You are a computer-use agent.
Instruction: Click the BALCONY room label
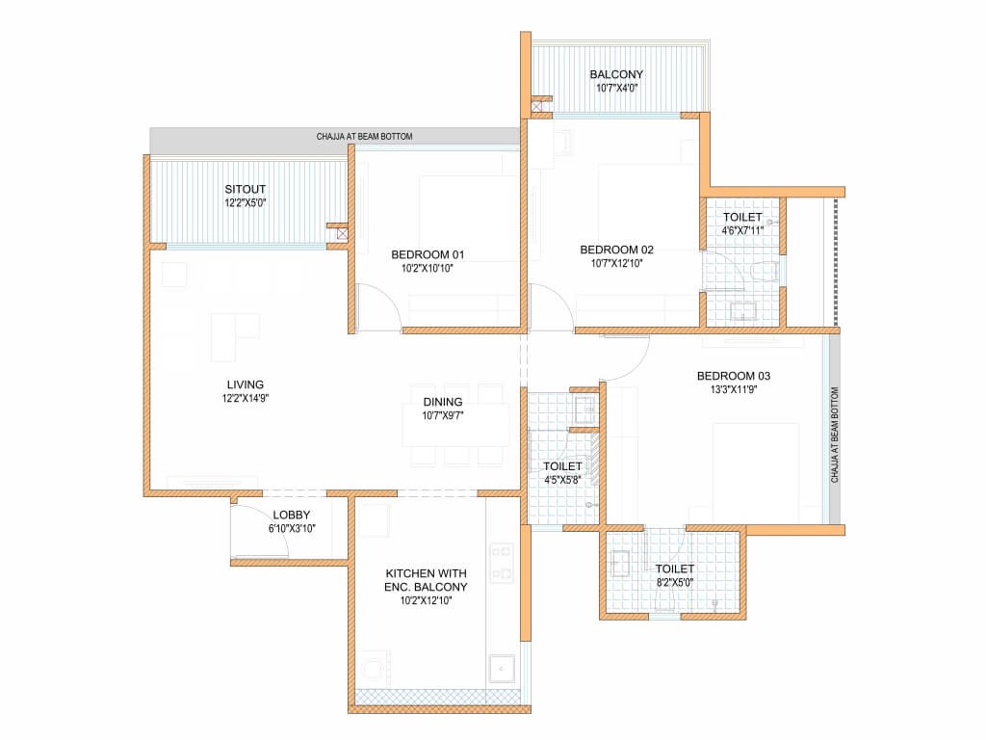616,74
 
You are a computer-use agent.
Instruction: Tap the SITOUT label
246,189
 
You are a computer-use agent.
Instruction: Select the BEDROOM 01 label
428,254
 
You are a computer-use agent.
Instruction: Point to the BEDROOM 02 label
617,250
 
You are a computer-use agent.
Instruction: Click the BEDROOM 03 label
733,377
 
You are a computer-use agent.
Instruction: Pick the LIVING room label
246,384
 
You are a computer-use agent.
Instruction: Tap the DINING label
443,402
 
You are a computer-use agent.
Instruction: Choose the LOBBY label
292,515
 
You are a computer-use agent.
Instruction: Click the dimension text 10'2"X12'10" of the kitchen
427,601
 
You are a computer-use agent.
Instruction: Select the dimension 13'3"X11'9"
733,389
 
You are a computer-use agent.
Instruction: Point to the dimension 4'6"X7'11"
742,231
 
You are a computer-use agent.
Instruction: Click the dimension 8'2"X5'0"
675,583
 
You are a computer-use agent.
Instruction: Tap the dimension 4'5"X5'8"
562,480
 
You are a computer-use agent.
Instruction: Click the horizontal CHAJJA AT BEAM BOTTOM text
365,137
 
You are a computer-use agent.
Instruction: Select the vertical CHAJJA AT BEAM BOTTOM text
835,435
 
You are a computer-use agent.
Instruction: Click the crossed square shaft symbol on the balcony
536,108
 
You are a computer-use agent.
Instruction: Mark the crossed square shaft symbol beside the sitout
342,234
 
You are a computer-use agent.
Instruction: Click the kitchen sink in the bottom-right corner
502,669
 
